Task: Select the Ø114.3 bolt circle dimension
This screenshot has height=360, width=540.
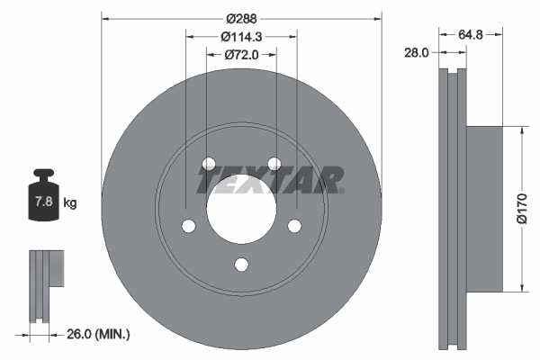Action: click(x=241, y=37)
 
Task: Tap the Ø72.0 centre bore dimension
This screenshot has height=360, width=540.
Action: click(x=240, y=56)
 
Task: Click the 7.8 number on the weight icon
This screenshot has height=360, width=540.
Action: click(x=42, y=202)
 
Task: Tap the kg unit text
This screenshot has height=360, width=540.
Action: click(x=70, y=203)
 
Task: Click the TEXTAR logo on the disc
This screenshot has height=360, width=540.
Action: click(x=270, y=180)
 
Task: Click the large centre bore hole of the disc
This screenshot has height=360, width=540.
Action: click(x=240, y=198)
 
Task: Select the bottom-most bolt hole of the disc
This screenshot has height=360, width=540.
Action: click(x=240, y=264)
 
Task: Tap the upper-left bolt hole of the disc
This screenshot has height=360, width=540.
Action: click(x=208, y=164)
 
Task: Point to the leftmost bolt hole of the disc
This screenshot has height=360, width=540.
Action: click(x=187, y=226)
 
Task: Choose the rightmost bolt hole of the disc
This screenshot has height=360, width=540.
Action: click(x=294, y=226)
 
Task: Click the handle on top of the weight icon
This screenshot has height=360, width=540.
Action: click(x=42, y=175)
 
